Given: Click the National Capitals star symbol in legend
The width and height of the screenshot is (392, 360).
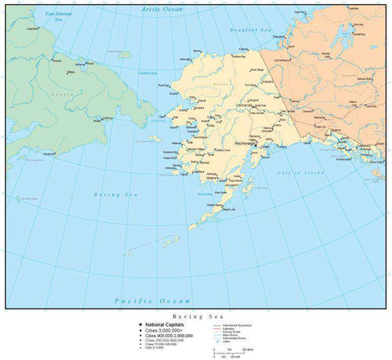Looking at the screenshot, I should point(140,324).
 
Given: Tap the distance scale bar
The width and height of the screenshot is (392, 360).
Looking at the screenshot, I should point(225,353).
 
